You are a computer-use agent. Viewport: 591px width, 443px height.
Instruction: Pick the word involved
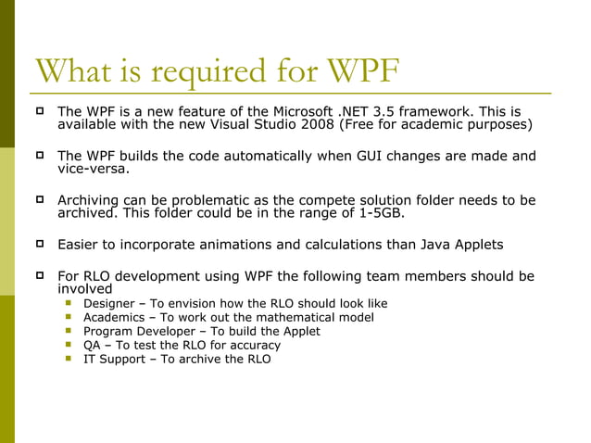click(85, 288)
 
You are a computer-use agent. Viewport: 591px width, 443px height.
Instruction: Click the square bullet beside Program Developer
click(68, 331)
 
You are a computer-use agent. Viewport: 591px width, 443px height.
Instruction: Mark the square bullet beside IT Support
click(68, 359)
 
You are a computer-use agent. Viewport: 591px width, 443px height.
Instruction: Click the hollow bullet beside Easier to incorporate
click(41, 245)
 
